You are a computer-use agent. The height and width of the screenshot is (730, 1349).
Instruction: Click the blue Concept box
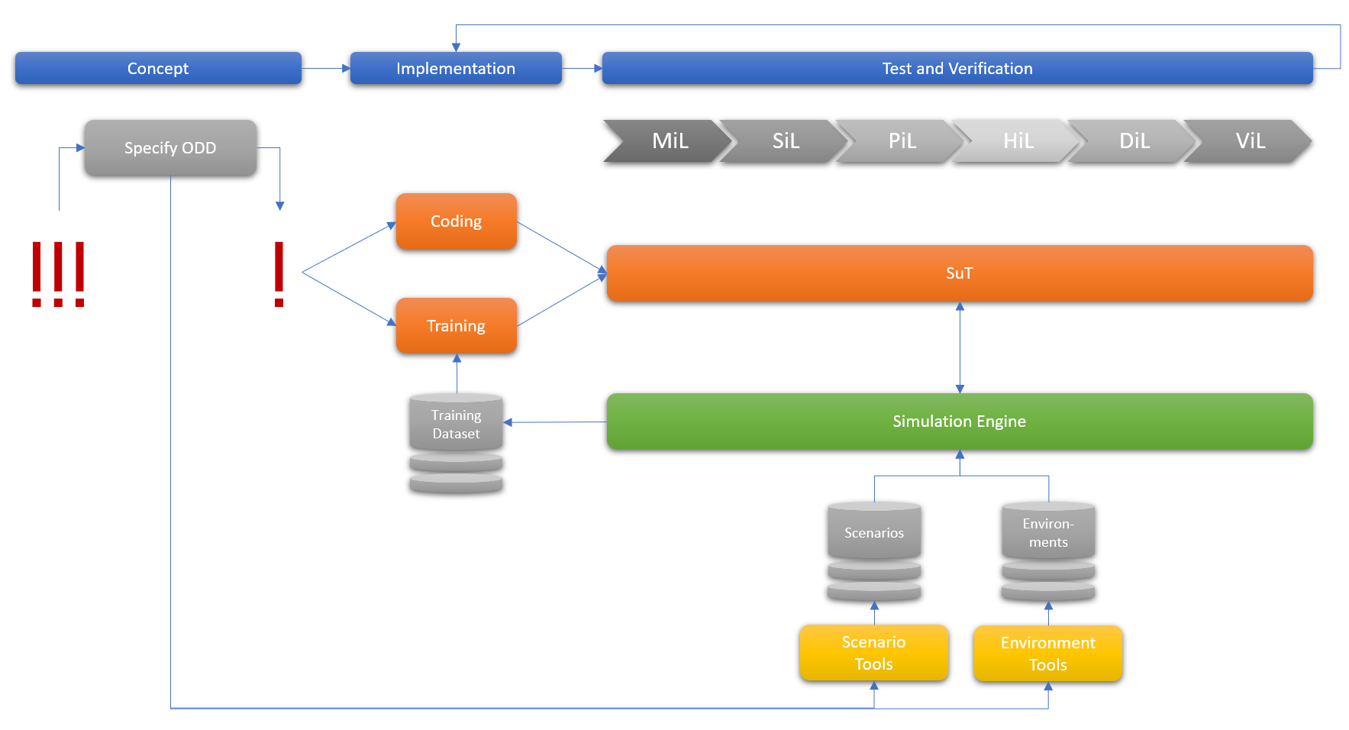[158, 69]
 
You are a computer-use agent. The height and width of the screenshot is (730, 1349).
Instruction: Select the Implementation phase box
[456, 69]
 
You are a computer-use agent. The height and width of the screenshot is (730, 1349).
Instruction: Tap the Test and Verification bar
[957, 69]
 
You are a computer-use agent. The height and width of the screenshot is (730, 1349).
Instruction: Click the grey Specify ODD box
[170, 148]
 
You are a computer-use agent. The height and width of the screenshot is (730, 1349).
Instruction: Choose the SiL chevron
[786, 141]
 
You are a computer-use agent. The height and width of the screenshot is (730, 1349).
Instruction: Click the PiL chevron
[902, 141]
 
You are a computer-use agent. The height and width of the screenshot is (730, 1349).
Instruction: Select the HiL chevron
[1018, 141]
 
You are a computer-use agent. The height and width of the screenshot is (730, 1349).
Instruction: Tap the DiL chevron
[1134, 141]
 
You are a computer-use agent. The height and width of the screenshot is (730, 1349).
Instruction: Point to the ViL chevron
[1250, 141]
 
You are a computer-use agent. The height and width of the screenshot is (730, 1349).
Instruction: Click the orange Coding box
[457, 221]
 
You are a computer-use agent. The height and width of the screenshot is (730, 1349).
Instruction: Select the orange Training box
[457, 326]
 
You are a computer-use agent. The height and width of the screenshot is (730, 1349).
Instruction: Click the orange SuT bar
[960, 273]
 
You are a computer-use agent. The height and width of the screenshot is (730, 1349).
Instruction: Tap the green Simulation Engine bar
[960, 422]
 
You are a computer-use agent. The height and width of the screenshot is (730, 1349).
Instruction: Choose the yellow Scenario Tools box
[874, 653]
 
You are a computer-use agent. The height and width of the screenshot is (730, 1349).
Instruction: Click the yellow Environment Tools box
[1048, 654]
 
